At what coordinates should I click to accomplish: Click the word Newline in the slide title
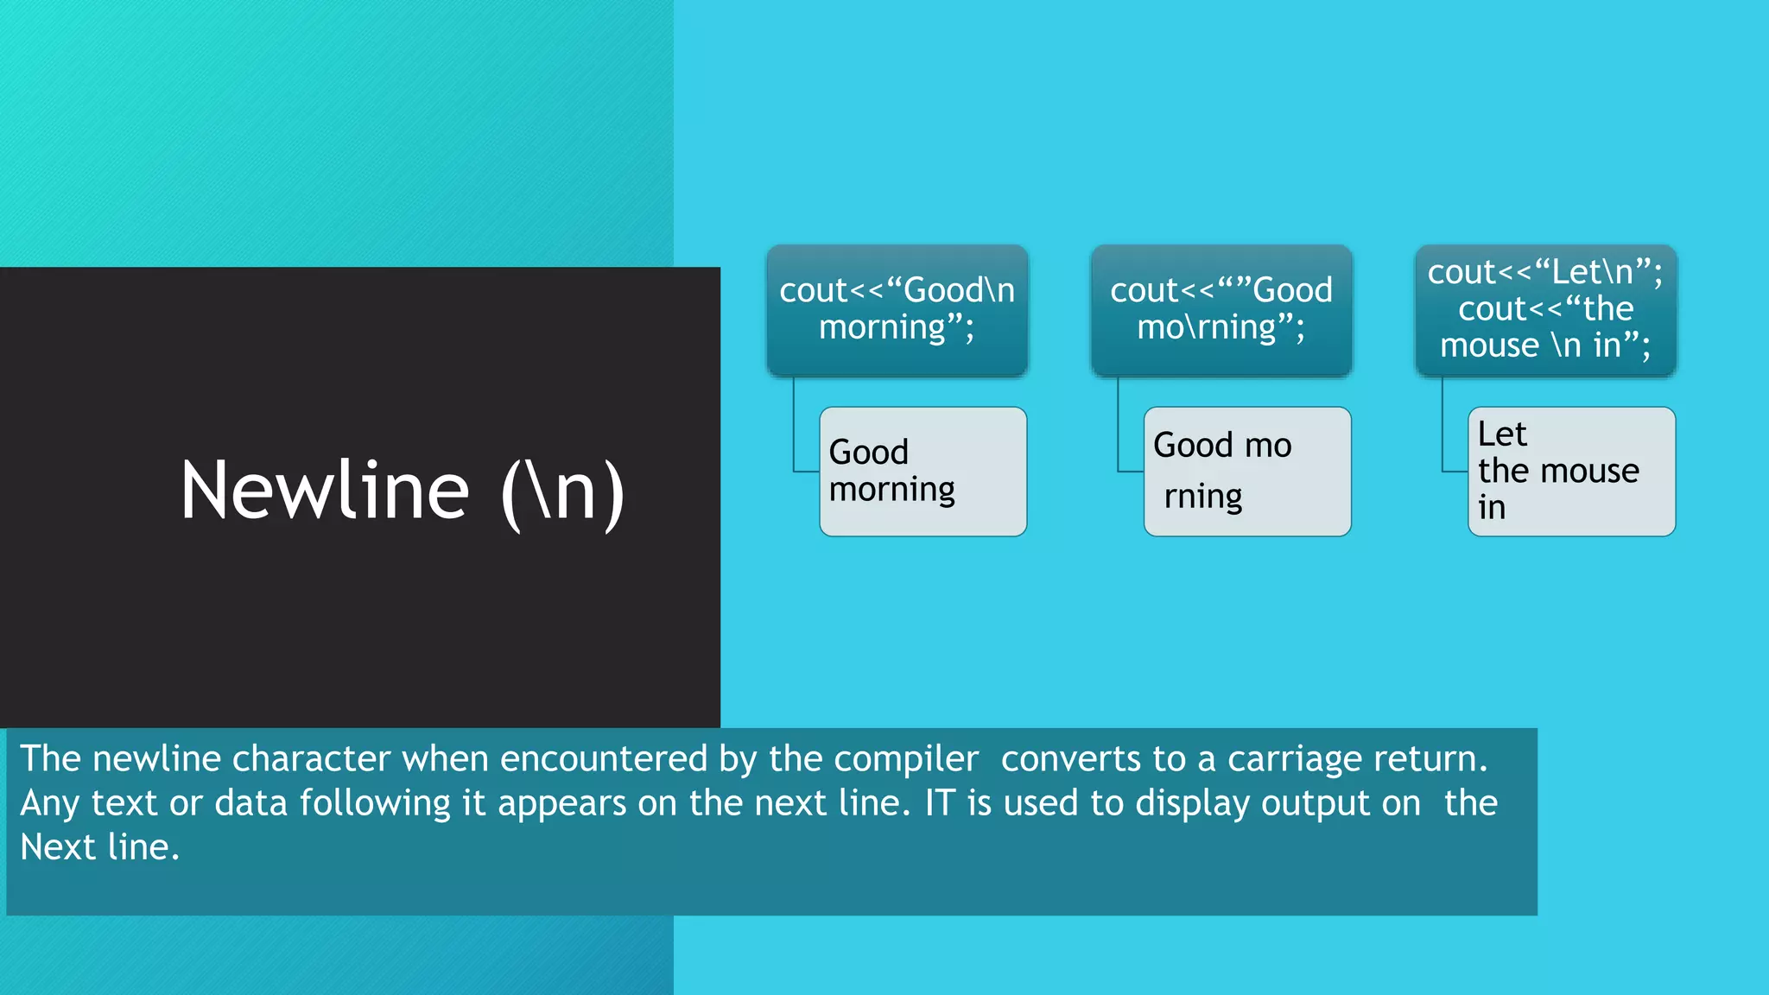[325, 491]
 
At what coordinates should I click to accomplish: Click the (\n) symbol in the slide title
[562, 492]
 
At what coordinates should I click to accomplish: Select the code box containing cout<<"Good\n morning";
[897, 309]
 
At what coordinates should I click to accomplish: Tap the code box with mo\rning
[1221, 309]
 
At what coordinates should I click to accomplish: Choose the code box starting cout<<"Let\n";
[1544, 309]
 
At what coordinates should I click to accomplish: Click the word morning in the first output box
[891, 491]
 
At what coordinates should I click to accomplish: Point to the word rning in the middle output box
[1202, 497]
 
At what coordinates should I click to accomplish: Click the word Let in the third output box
[1501, 434]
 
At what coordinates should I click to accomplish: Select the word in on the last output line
[1492, 509]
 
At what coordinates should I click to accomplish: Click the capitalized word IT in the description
[940, 803]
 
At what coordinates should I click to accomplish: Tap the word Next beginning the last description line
[58, 847]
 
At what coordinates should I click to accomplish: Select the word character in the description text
[311, 759]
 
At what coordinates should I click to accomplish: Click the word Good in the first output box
[868, 453]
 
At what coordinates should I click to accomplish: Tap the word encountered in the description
[604, 759]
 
